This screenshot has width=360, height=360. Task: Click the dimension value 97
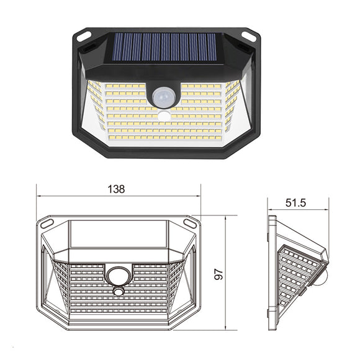[218, 273]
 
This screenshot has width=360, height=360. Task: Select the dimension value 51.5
[297, 203]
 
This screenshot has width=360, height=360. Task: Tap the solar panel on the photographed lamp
[165, 47]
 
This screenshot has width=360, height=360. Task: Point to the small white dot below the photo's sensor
[164, 116]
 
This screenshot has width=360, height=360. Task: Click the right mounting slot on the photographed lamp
[249, 36]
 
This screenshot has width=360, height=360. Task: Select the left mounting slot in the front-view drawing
[48, 222]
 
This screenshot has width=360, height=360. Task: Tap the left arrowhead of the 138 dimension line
[39, 196]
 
